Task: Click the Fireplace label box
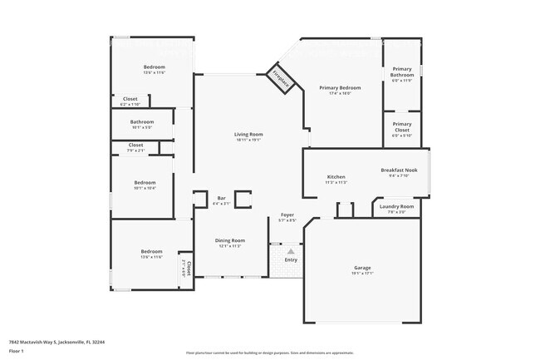pyautogui.click(x=282, y=80)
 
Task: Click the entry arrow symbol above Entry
pyautogui.click(x=291, y=251)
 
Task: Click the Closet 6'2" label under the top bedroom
pyautogui.click(x=130, y=99)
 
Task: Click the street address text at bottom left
pyautogui.click(x=56, y=341)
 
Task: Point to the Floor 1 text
pyautogui.click(x=16, y=352)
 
